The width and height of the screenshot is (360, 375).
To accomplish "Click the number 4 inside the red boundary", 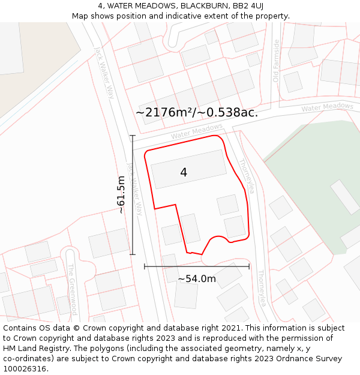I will click(x=184, y=173).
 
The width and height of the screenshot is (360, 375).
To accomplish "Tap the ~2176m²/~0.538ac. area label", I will click(x=196, y=112).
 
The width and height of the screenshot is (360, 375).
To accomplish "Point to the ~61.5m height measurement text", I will click(x=122, y=194).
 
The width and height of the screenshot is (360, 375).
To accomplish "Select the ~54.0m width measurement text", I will click(x=197, y=278).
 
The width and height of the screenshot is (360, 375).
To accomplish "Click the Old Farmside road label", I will click(x=276, y=61).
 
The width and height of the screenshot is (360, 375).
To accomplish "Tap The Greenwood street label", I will click(x=72, y=289).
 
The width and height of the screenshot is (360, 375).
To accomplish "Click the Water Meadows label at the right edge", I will click(x=327, y=107).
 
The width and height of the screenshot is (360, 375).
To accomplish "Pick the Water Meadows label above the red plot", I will click(x=196, y=132).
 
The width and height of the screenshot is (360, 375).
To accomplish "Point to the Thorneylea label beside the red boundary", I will click(x=247, y=176).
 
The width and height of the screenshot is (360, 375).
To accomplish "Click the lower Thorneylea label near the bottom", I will click(x=262, y=289).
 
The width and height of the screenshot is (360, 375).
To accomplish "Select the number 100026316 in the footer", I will click(x=25, y=368).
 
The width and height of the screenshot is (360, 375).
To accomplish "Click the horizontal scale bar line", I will click(x=197, y=266).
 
